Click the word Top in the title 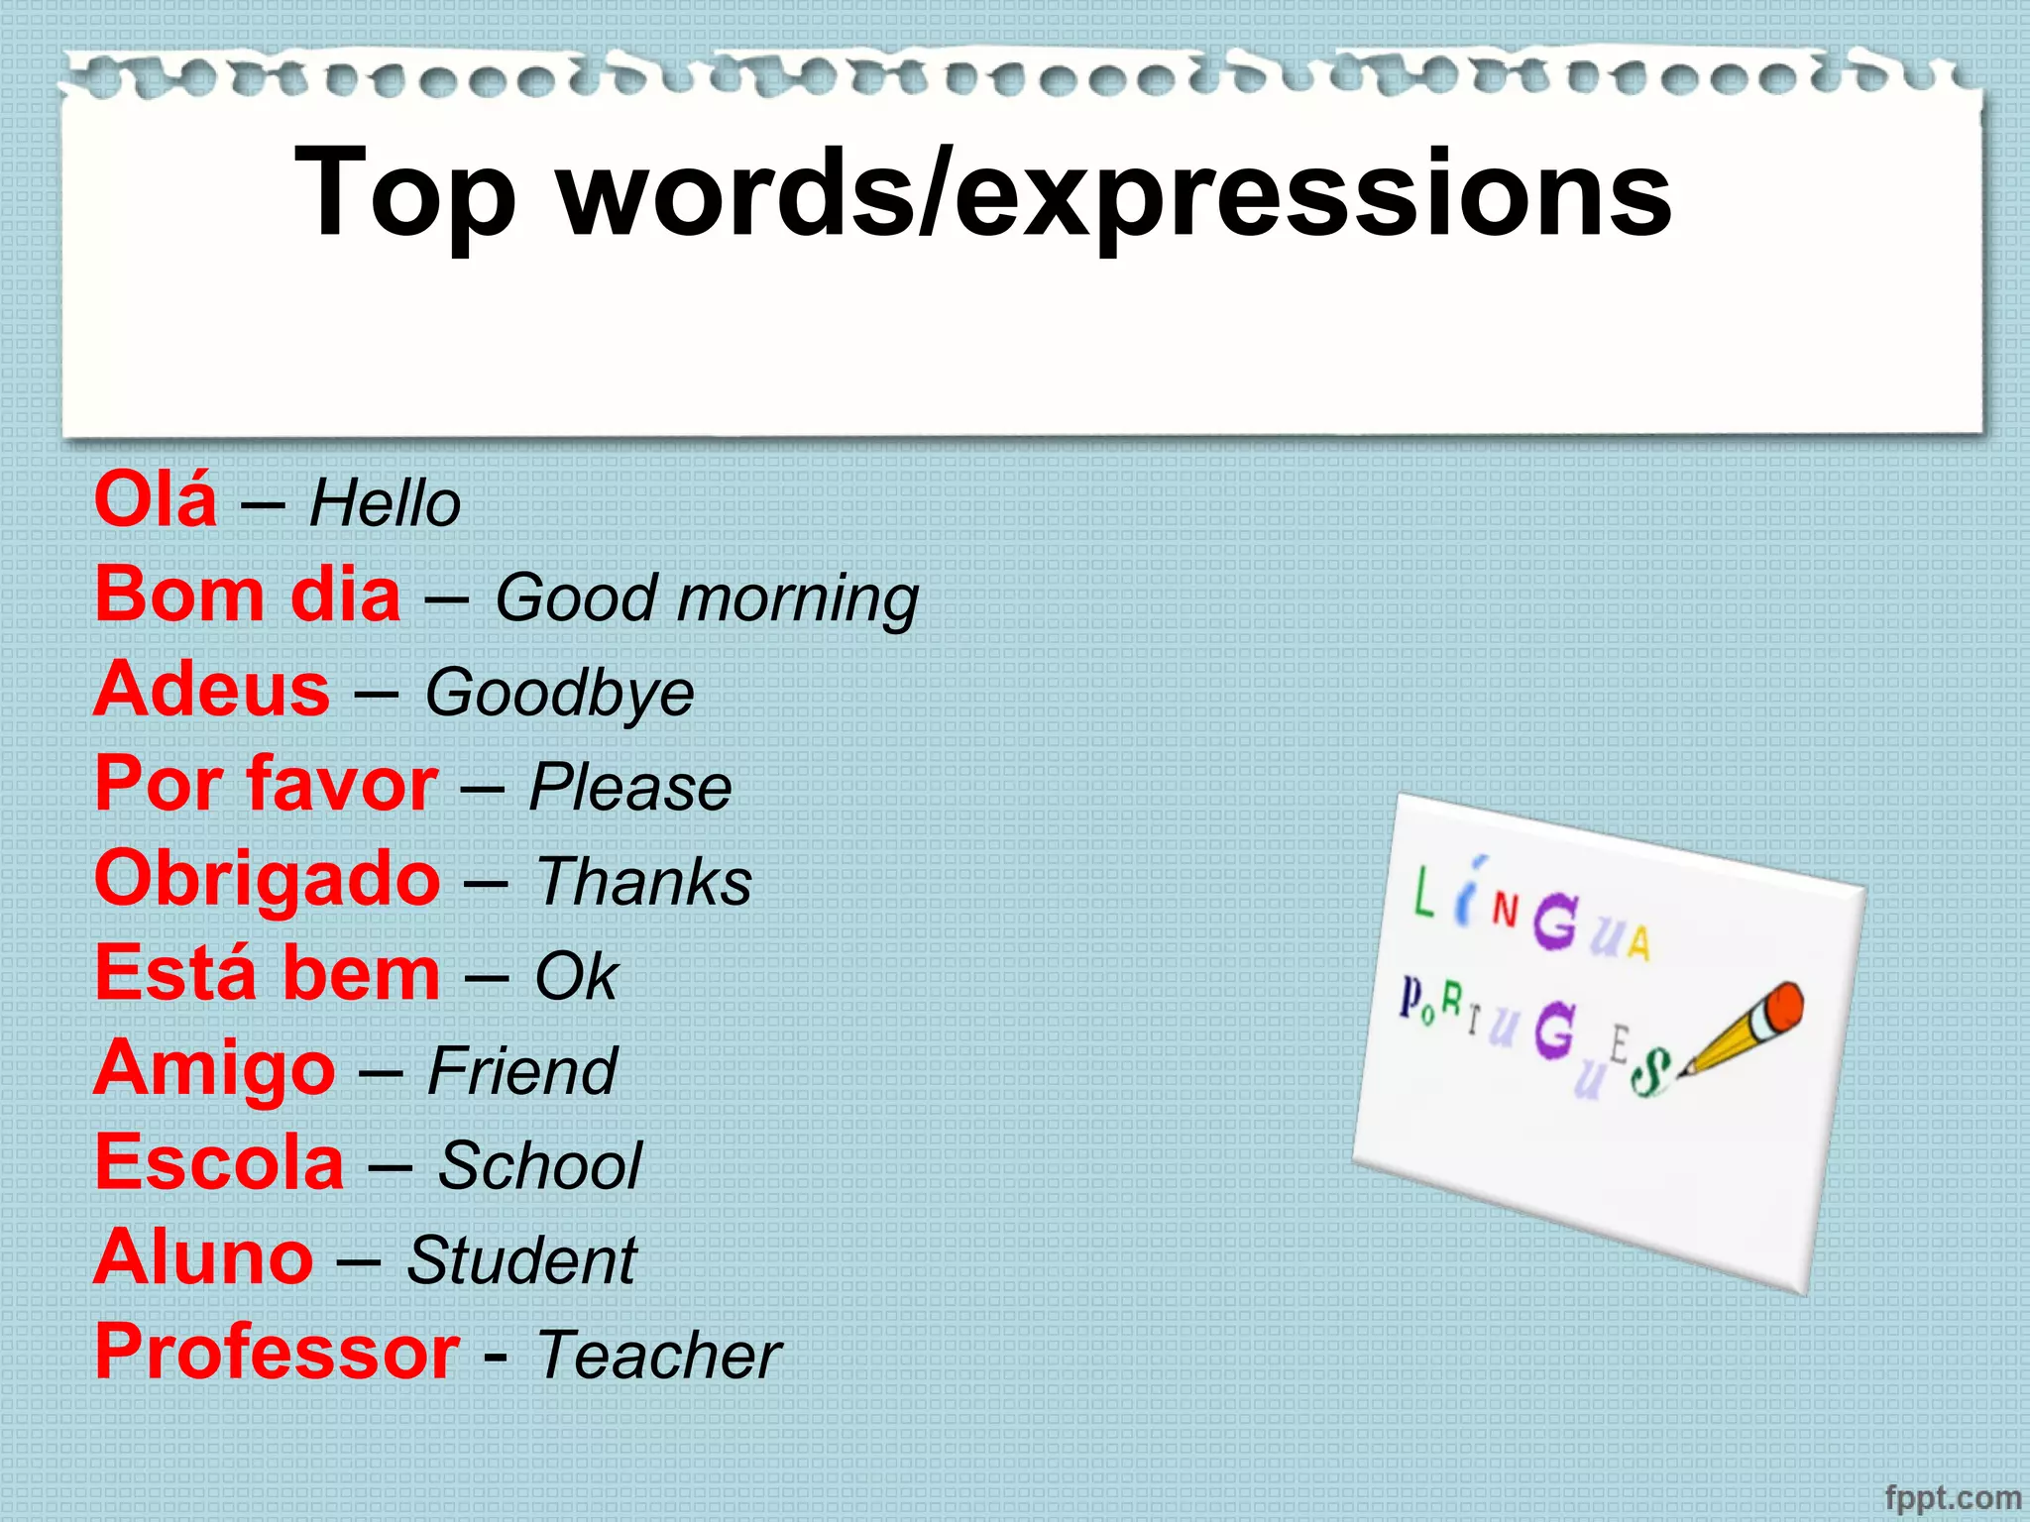405,193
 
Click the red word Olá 156,499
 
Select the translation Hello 385,503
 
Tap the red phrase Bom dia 248,595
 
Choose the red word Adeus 212,690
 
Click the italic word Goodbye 559,694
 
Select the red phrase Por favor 266,785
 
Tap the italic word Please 630,789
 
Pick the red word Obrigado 267,880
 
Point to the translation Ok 576,977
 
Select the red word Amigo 215,1070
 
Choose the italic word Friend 522,1072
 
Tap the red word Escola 219,1163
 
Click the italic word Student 521,1260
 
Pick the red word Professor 277,1353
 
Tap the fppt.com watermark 1952,1497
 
